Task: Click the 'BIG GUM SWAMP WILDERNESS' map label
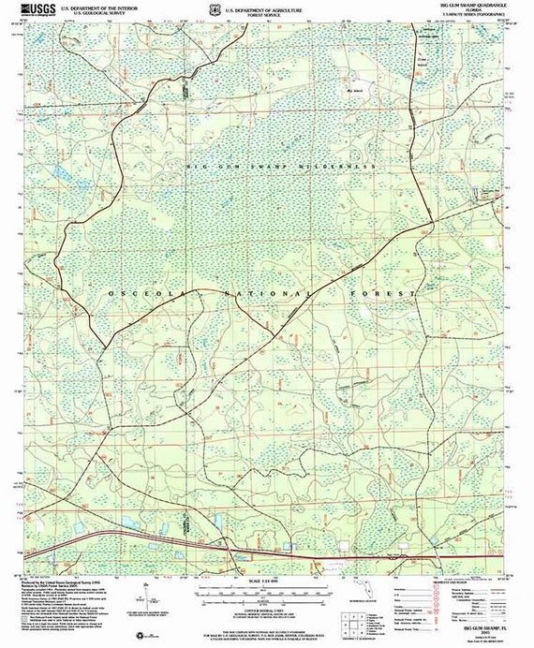click(281, 166)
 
